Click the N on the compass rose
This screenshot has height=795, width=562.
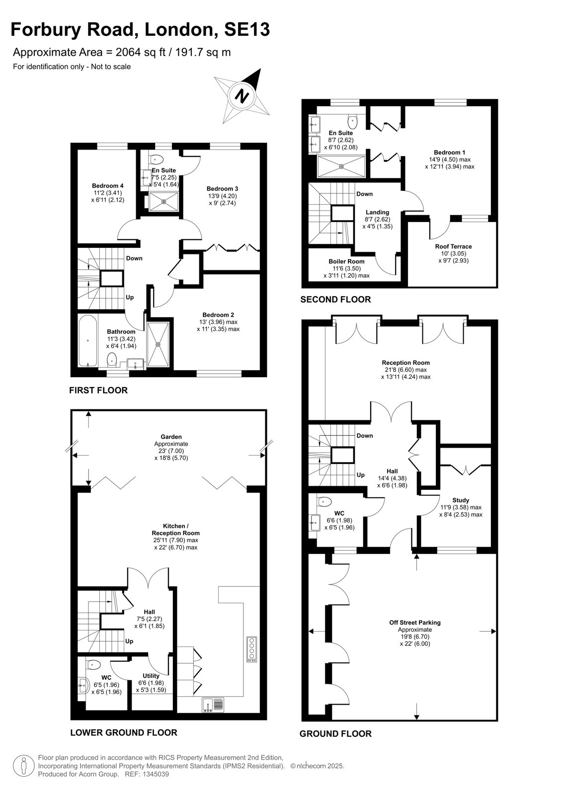tap(242, 96)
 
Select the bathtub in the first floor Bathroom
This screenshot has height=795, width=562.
tap(87, 340)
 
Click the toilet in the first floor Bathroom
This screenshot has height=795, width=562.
tap(112, 360)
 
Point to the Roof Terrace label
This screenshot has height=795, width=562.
tap(453, 246)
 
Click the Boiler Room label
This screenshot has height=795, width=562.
tap(346, 261)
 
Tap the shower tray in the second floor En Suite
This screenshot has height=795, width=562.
tap(341, 166)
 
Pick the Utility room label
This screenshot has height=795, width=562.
tap(151, 676)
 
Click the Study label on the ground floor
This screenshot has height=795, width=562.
tap(461, 500)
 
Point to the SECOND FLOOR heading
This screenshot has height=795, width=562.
tap(335, 300)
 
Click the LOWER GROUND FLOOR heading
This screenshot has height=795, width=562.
tap(124, 732)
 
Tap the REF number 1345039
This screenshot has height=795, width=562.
tap(155, 774)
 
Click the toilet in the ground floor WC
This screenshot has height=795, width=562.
tap(324, 501)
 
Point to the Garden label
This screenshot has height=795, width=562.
tap(171, 437)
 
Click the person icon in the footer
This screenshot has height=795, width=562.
tap(24, 765)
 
